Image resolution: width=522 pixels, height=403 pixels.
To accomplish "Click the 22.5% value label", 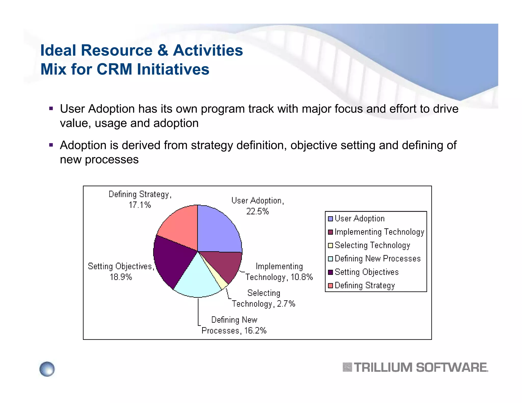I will pos(257,211).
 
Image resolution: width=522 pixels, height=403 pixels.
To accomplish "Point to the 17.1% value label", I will pos(140,205).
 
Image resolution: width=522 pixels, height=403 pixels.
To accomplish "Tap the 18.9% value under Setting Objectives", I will pos(121,277).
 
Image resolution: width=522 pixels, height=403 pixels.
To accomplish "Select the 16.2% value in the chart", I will pos(255,331).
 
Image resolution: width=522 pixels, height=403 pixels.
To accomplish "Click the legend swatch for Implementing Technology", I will pos(331,232).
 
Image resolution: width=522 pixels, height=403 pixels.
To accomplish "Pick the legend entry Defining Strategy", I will pos(364,285).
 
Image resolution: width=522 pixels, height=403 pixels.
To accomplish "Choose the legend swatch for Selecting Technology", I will pos(331,246).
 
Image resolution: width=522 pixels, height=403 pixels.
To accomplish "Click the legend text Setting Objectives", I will pos(367,272).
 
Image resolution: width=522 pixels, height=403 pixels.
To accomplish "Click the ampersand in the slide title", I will pos(163,50).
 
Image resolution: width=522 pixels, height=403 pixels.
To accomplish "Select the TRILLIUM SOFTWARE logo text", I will pos(421,368).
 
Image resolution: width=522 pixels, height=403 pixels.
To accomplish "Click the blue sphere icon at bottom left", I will pos(47,369).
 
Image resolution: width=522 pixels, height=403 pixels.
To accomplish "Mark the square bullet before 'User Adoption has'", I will pos(51,109).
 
